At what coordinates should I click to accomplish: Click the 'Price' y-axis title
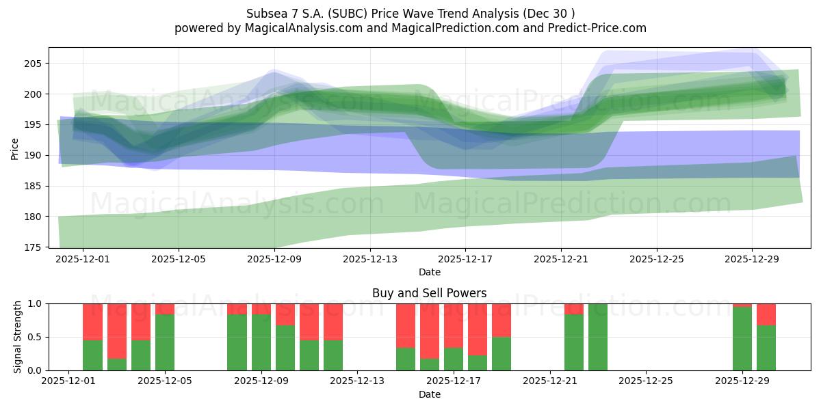(15, 148)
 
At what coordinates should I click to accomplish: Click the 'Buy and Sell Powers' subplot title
(429, 293)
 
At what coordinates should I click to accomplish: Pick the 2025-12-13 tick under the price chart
(369, 259)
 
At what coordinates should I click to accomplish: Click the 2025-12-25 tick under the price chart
(657, 259)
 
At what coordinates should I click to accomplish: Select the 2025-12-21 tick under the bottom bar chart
(550, 381)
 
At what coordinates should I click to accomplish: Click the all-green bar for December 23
(598, 337)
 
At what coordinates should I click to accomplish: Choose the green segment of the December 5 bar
(165, 342)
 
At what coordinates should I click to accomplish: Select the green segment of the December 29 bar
(742, 339)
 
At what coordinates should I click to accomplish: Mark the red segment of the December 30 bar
(766, 314)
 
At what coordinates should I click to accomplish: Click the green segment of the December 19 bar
(501, 354)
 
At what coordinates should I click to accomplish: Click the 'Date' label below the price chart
(429, 272)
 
